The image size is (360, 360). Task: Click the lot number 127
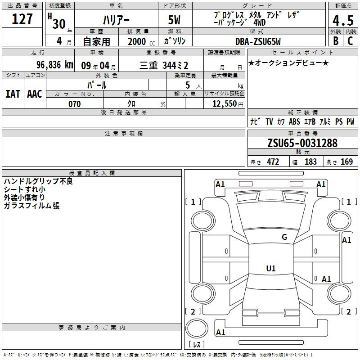[22, 19]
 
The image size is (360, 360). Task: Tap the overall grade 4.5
[343, 21]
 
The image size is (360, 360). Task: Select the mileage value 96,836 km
[54, 65]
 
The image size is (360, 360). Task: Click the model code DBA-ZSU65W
[258, 41]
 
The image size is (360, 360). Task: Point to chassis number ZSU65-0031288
[302, 143]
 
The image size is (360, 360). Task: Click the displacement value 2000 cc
[141, 41]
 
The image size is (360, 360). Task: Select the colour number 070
[74, 104]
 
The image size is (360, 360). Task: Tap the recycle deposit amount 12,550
[225, 103]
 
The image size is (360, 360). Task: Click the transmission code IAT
[13, 94]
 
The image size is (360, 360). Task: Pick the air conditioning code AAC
[35, 94]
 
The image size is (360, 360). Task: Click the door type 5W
[174, 20]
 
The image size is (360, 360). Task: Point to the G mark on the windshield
[284, 237]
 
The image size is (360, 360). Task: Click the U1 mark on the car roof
[271, 268]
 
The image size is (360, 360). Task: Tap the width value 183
[310, 162]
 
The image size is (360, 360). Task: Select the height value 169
[346, 162]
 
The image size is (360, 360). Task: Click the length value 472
[273, 162]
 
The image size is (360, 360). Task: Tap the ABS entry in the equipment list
[294, 121]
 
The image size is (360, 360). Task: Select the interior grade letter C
[350, 41]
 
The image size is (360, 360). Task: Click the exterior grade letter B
[336, 41]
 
